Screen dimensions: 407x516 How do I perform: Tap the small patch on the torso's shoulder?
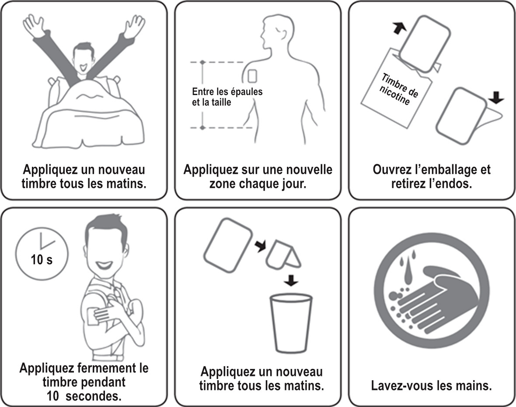point(252,76)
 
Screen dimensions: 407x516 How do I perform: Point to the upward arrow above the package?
point(399,27)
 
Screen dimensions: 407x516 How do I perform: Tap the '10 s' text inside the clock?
point(42,260)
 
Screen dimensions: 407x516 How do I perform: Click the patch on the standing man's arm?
point(94,316)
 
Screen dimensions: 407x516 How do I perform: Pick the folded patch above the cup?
point(282,256)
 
